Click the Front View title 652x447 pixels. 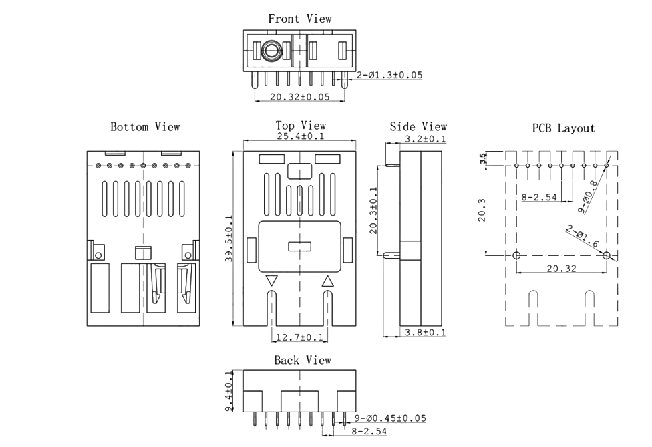pyautogui.click(x=300, y=19)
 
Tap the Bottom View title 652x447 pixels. pyautogui.click(x=145, y=127)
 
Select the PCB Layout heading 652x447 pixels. pyautogui.click(x=563, y=128)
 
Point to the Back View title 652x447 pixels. pyautogui.click(x=303, y=361)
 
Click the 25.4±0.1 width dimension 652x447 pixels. pyautogui.click(x=300, y=136)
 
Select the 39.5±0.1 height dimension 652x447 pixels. pyautogui.click(x=229, y=239)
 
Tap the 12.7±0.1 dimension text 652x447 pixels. pyautogui.click(x=299, y=337)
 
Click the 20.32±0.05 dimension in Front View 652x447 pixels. pyautogui.click(x=299, y=97)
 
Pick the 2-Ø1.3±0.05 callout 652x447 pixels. pyautogui.click(x=389, y=76)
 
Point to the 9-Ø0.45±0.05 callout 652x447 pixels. pyautogui.click(x=390, y=418)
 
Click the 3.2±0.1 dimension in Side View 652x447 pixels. pyautogui.click(x=425, y=139)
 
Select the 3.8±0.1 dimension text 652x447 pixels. pyautogui.click(x=425, y=332)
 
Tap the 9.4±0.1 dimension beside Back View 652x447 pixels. pyautogui.click(x=229, y=391)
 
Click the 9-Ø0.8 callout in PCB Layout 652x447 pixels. pyautogui.click(x=588, y=196)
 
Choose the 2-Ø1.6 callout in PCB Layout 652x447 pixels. pyautogui.click(x=583, y=236)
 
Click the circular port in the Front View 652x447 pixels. pyautogui.click(x=271, y=51)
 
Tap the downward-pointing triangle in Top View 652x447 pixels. pyautogui.click(x=271, y=280)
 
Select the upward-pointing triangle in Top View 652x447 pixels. pyautogui.click(x=327, y=281)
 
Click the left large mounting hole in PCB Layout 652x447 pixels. pyautogui.click(x=516, y=255)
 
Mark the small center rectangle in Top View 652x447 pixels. pyautogui.click(x=300, y=247)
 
